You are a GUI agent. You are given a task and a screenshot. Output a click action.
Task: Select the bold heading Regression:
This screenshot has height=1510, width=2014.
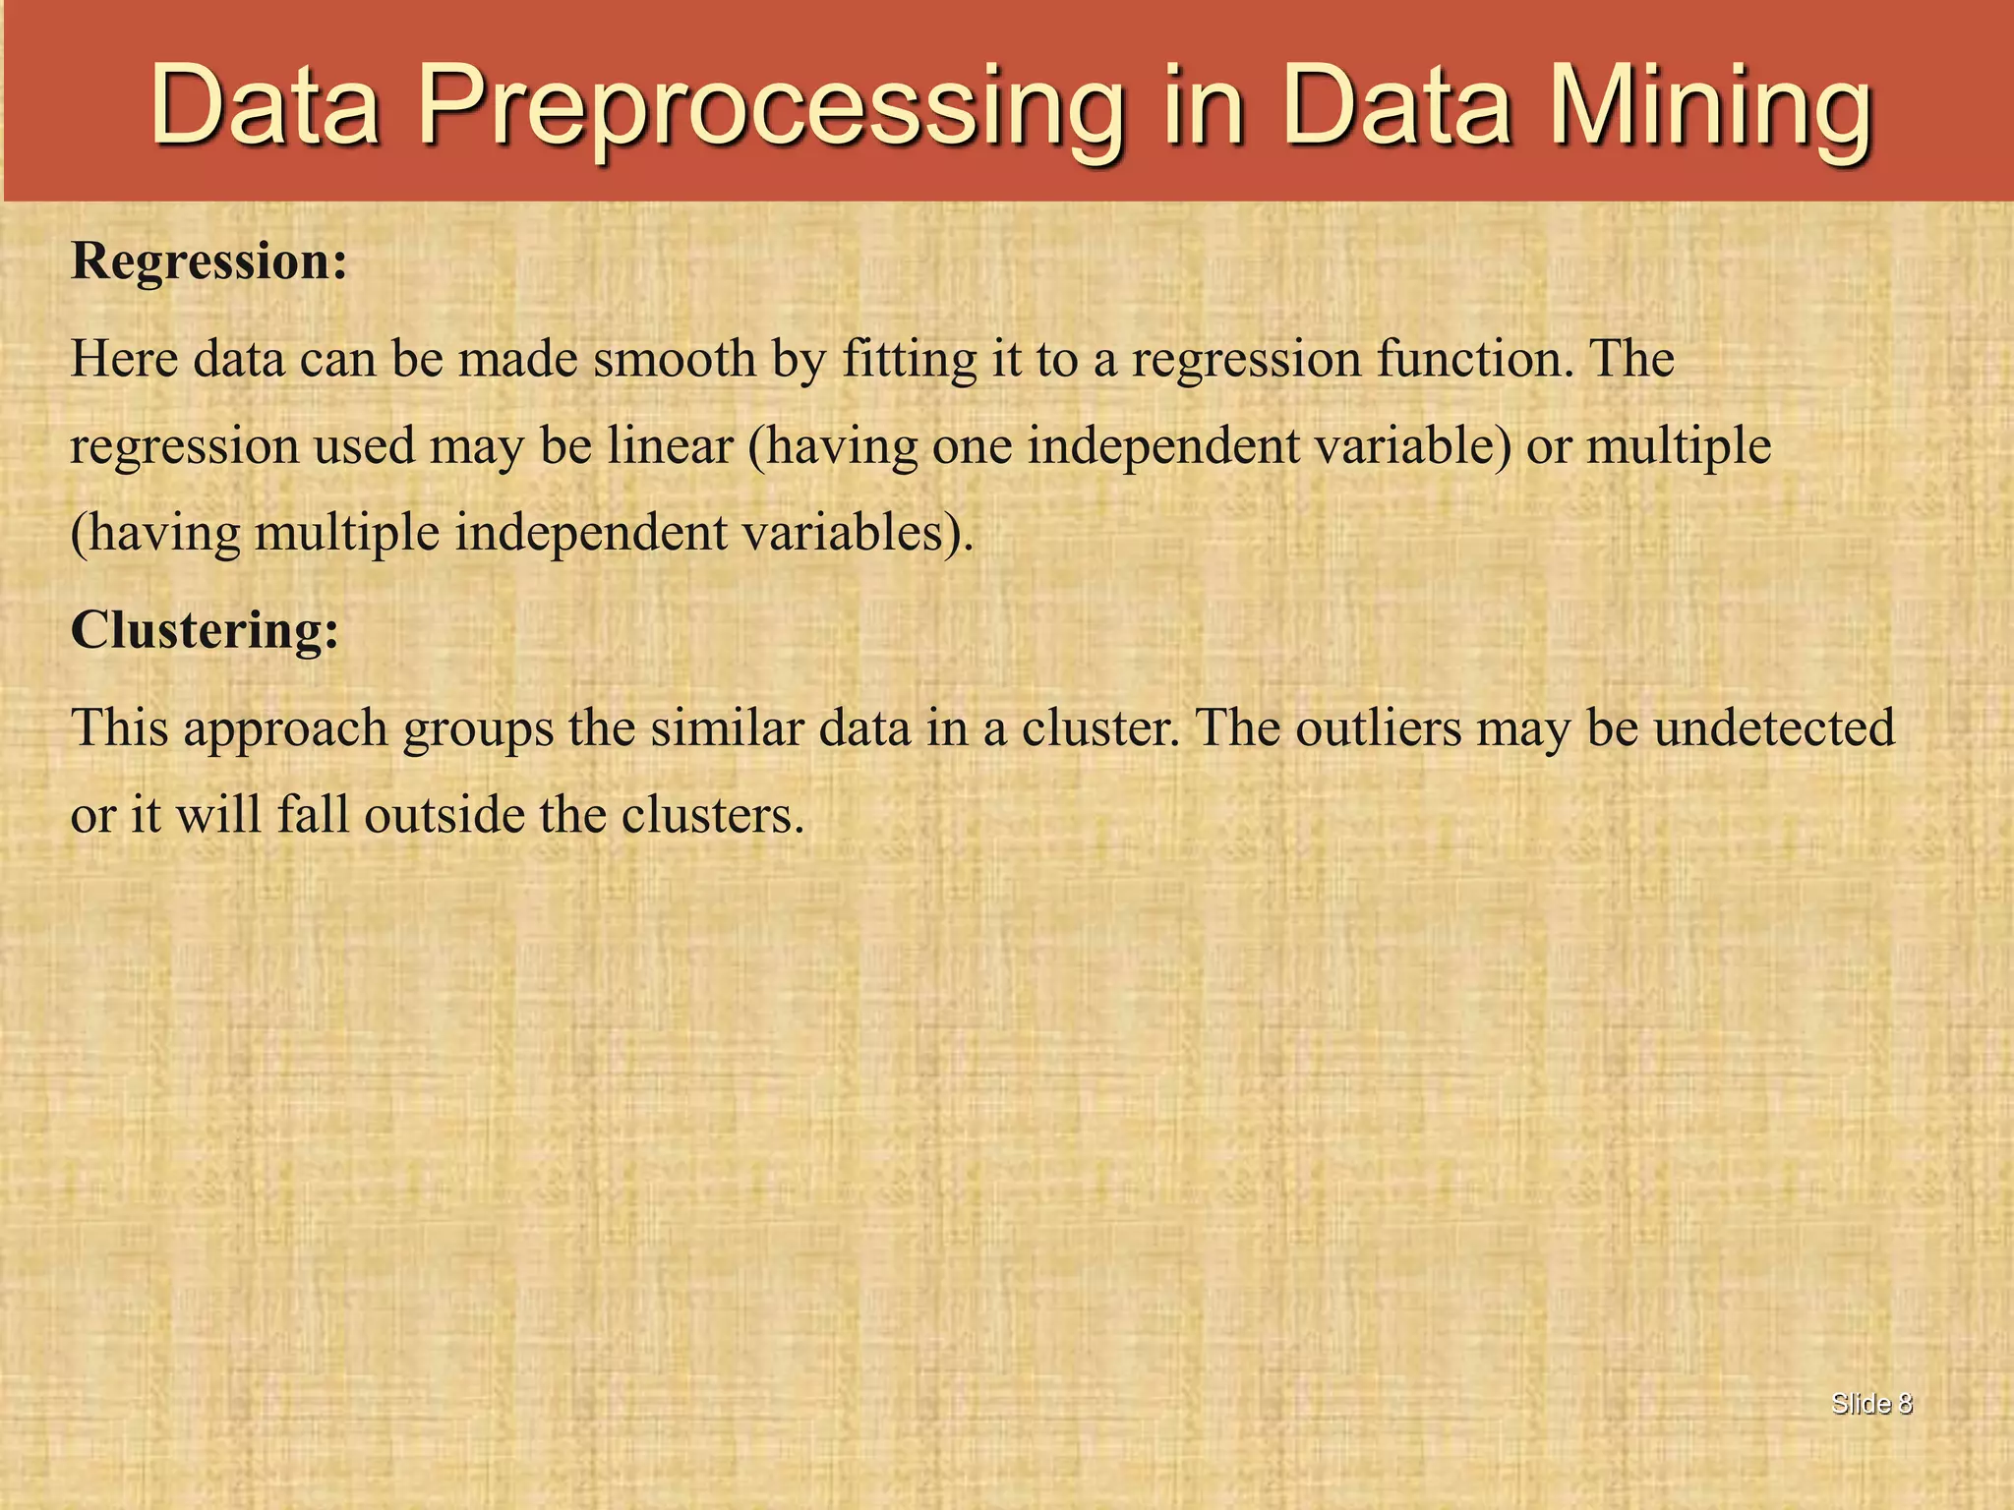[209, 262]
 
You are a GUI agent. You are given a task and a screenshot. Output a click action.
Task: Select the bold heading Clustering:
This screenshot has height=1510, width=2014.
[205, 630]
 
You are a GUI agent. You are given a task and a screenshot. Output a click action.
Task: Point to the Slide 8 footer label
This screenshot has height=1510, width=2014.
[1871, 1404]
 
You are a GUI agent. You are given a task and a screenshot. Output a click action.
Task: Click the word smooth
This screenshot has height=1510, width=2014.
[674, 359]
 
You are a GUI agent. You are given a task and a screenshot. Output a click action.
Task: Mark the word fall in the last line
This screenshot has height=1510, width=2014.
[313, 816]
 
